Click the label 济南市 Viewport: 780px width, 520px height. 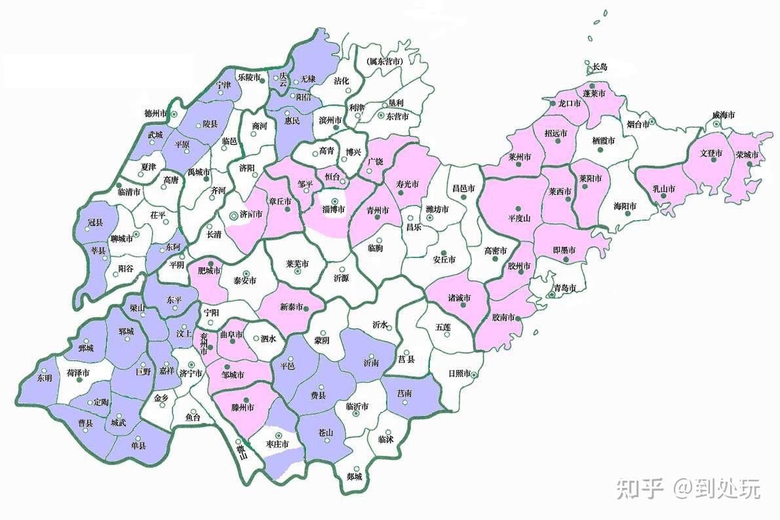(x=252, y=214)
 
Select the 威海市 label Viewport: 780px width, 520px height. (x=724, y=115)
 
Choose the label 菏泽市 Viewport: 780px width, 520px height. (x=78, y=373)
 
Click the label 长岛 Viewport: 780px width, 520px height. (x=600, y=67)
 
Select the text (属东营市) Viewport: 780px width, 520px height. (x=384, y=61)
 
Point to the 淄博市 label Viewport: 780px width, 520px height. (x=334, y=210)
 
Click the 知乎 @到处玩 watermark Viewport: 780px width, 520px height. (x=688, y=488)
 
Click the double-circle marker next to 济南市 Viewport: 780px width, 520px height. (x=234, y=215)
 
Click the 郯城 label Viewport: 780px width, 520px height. (x=355, y=477)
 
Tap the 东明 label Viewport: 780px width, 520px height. (x=44, y=378)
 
